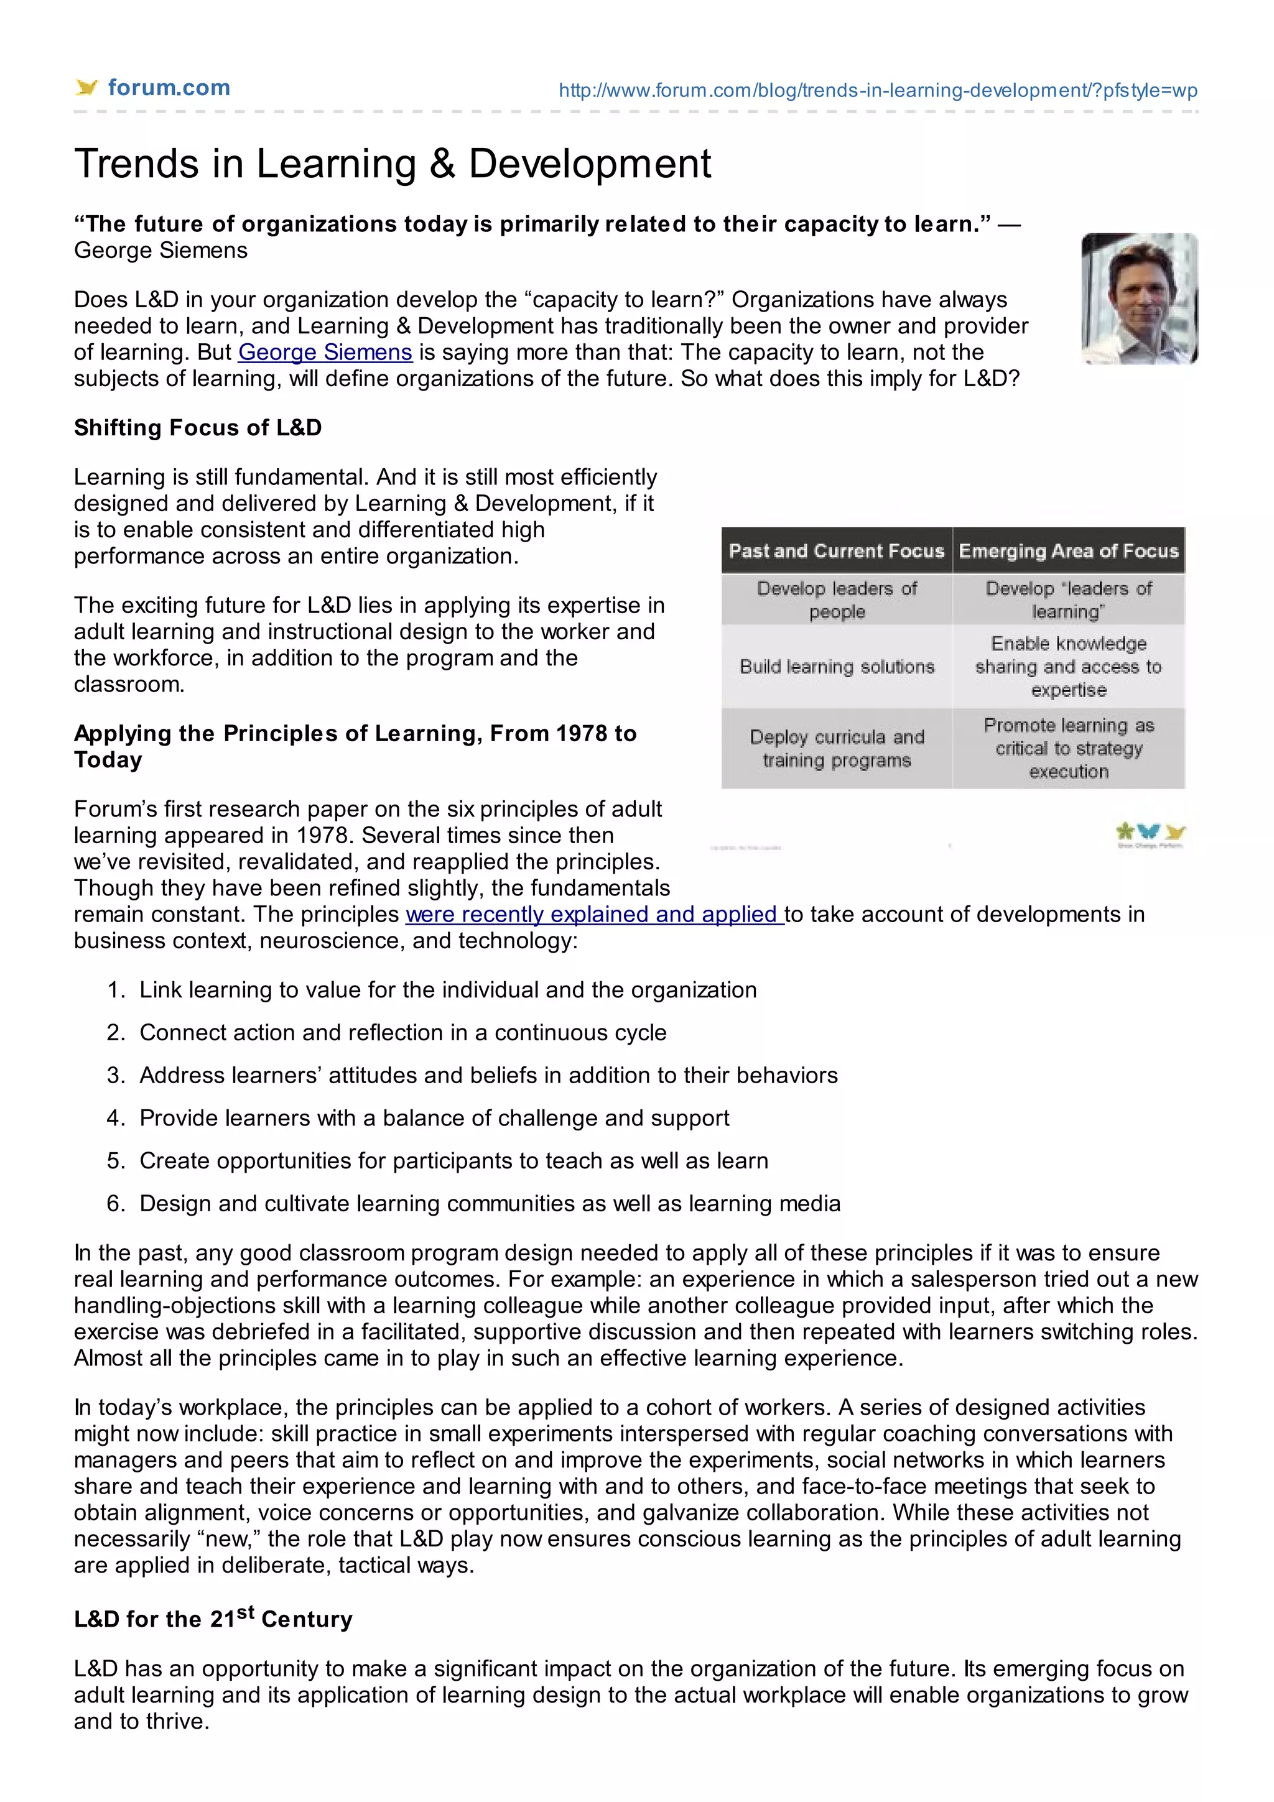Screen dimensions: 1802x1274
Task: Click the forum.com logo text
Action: (x=169, y=88)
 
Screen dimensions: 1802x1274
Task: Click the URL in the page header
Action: (x=878, y=90)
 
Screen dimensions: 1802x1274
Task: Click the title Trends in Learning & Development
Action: (x=393, y=164)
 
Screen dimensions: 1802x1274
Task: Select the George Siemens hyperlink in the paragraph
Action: (x=325, y=353)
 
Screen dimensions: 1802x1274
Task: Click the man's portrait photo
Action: (x=1139, y=298)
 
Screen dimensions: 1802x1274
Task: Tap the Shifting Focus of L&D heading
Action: (x=198, y=428)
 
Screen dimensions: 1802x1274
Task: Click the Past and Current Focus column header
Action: (x=836, y=551)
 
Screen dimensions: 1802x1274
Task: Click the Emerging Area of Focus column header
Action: (x=1068, y=551)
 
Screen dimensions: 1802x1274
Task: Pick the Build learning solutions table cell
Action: (x=837, y=667)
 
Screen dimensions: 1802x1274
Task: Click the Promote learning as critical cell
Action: (x=1068, y=748)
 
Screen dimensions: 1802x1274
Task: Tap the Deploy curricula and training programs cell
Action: (x=837, y=748)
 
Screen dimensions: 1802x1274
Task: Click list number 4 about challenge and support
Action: (x=434, y=1117)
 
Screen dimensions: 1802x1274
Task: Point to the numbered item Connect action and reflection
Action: (x=402, y=1032)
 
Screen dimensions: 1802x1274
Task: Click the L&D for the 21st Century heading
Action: (x=213, y=1619)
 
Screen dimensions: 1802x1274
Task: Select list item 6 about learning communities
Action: (x=490, y=1203)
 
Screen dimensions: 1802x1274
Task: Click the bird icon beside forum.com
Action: (x=86, y=87)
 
